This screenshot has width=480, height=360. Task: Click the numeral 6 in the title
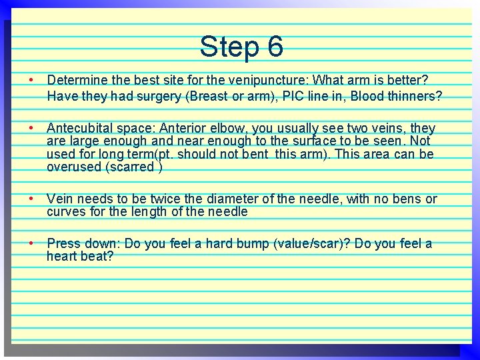click(x=275, y=47)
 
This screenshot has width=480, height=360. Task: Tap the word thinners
click(x=413, y=96)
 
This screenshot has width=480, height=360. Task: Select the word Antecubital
click(x=83, y=128)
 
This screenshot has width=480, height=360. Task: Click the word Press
click(x=65, y=243)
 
